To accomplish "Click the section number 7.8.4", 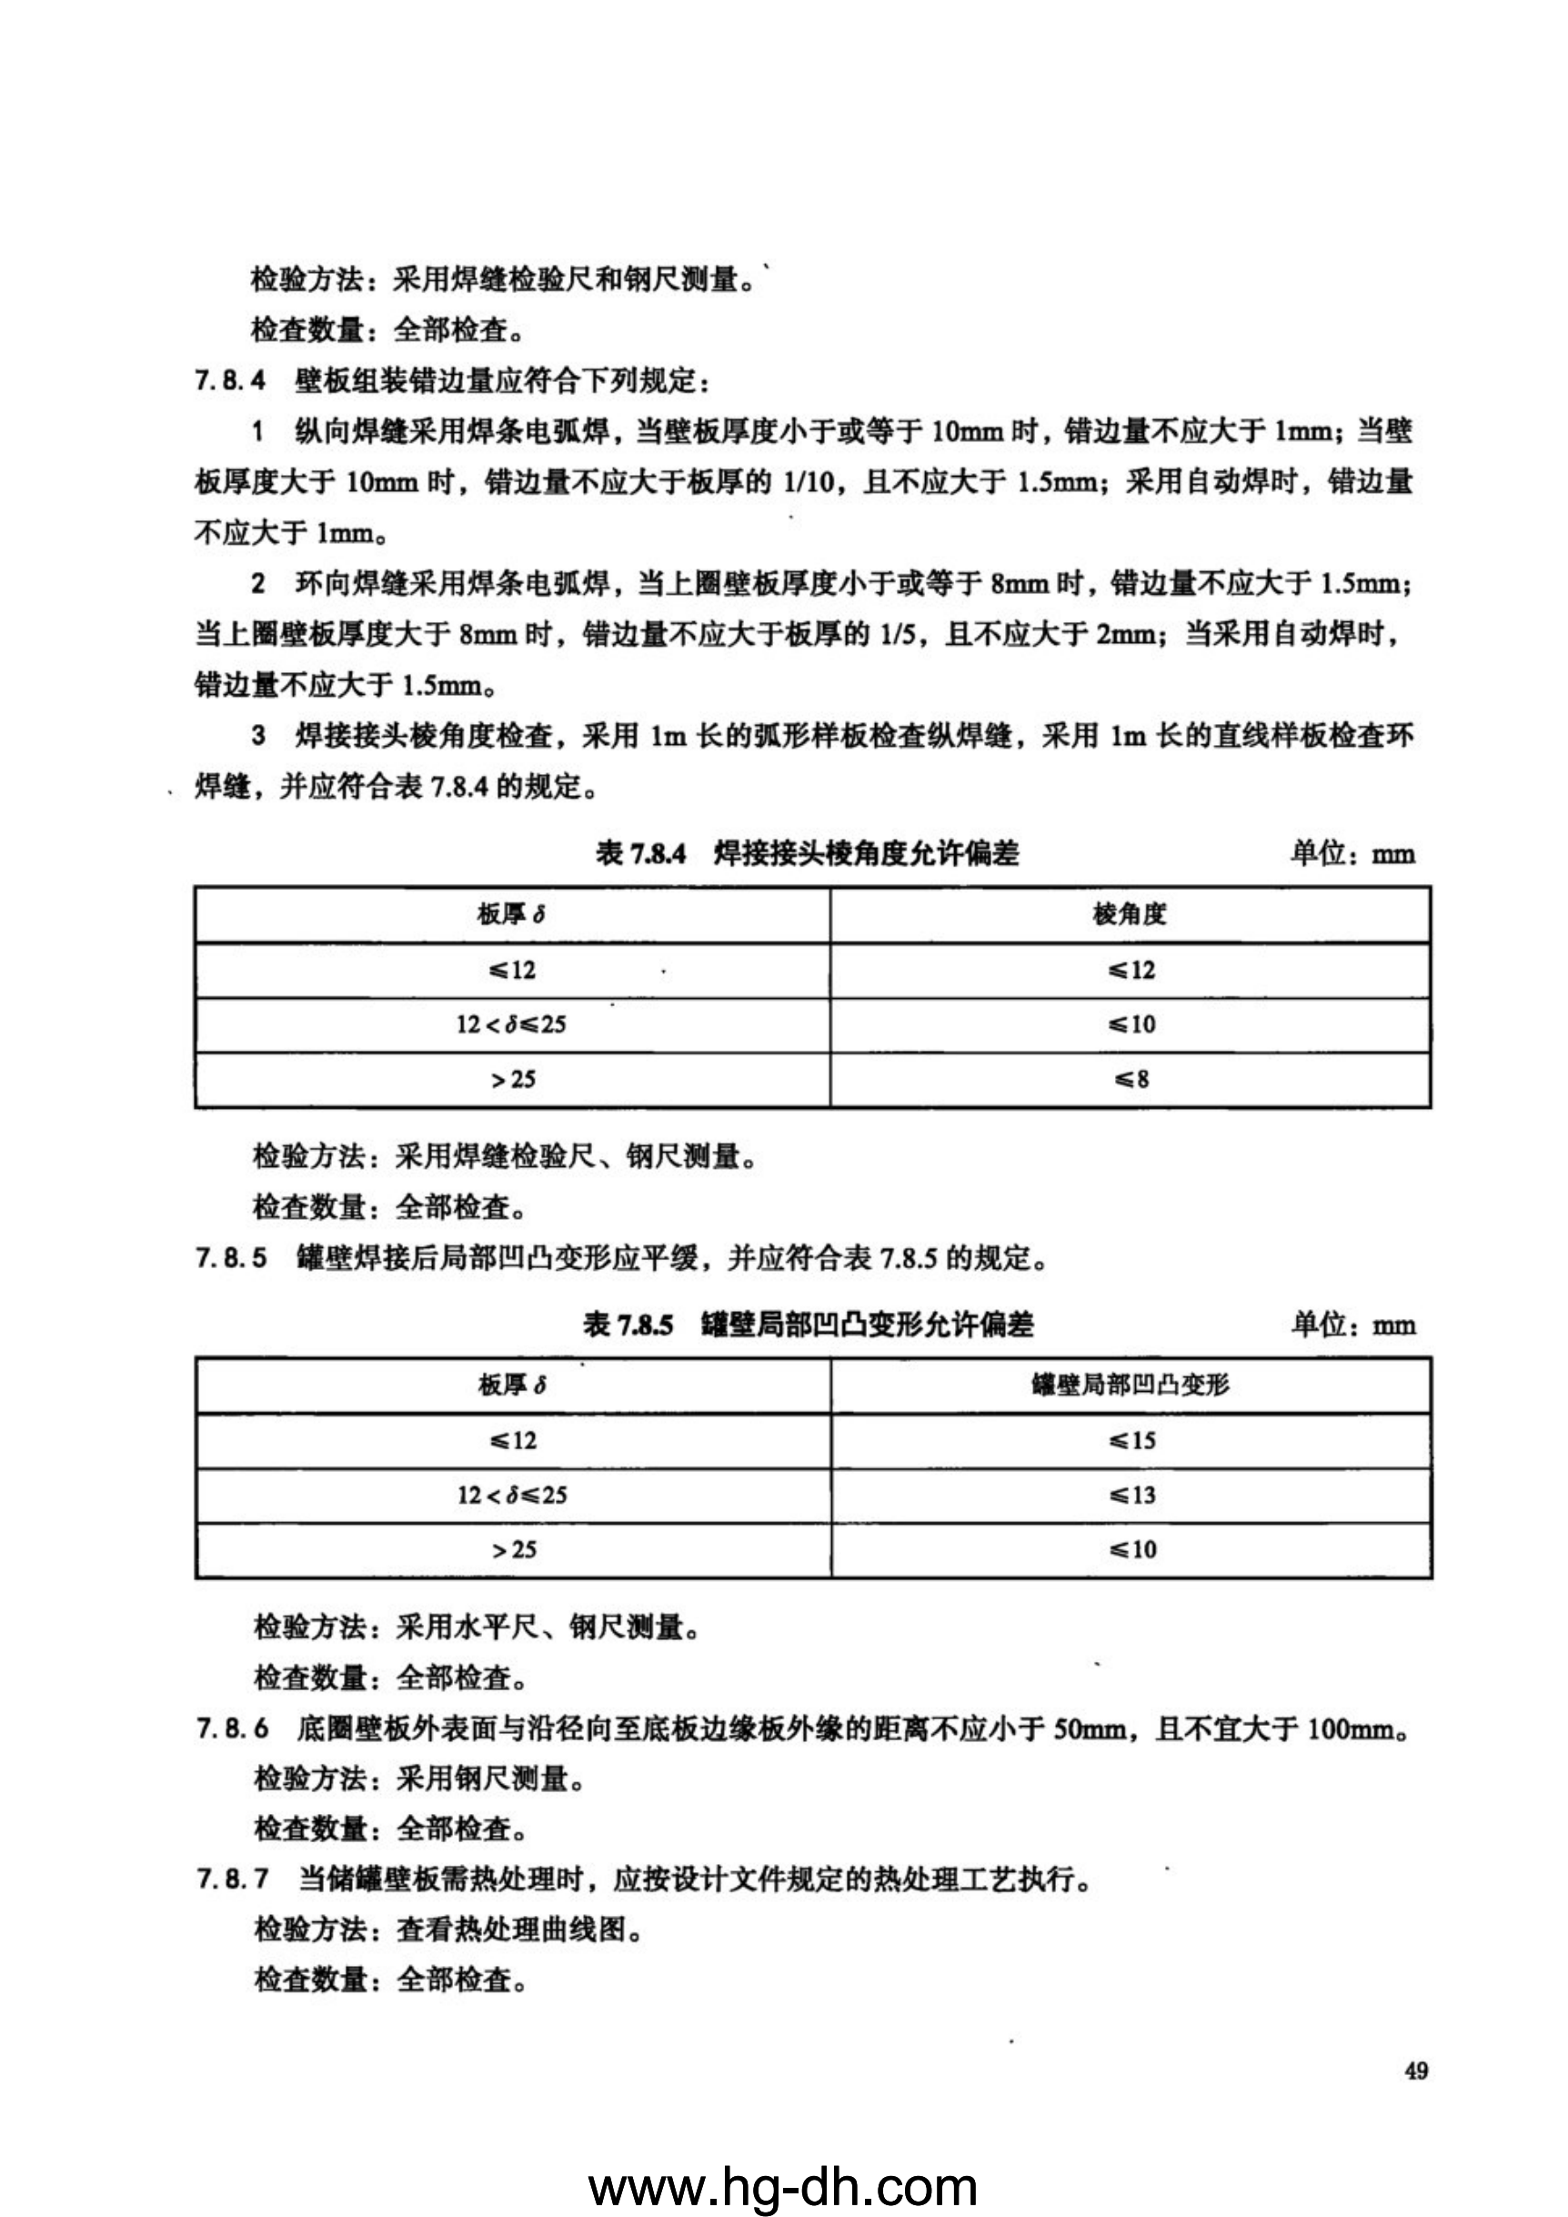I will pos(230,380).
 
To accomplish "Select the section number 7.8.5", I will pos(231,1258).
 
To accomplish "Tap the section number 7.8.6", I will pos(232,1728).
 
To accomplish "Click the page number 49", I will pos(1416,2071).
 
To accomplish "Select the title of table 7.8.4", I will pos(807,853).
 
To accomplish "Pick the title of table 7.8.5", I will pos(807,1325).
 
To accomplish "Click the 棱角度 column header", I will pos(1130,914).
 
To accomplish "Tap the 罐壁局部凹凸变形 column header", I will pos(1131,1386).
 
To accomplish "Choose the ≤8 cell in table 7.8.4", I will pos(1131,1080).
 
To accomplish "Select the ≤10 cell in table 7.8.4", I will pos(1131,1024).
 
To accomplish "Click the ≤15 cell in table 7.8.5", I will pos(1131,1441).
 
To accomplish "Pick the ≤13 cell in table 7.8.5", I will pos(1131,1496).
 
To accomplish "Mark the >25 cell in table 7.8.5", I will pos(513,1550).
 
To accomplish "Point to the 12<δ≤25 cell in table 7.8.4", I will pos(512,1024).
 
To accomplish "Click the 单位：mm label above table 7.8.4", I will pos(1352,853).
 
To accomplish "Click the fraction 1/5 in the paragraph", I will pos(898,634).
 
